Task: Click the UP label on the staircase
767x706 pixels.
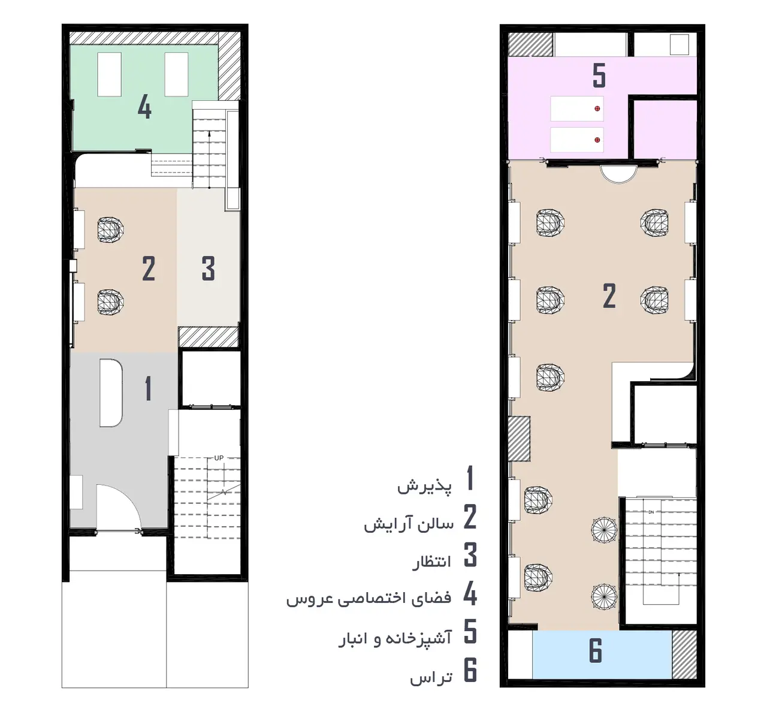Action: coord(219,458)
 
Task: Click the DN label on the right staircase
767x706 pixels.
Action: coord(651,512)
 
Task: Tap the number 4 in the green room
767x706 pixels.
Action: coord(144,107)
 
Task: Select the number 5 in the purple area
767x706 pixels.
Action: coord(599,76)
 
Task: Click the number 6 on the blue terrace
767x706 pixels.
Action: coord(596,650)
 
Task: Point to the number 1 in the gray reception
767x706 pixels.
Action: coord(149,388)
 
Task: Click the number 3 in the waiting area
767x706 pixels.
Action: coord(209,268)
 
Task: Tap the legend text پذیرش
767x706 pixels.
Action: coord(424,485)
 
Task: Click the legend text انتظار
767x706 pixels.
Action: coord(431,562)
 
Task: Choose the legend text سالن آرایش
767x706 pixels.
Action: coord(409,524)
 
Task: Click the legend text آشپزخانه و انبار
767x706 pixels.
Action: coord(395,638)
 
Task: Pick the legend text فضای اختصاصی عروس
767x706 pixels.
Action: coord(369,599)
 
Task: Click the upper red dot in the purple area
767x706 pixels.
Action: coord(597,108)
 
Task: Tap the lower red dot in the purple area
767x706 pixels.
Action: coord(597,140)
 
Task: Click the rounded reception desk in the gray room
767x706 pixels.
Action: coord(111,393)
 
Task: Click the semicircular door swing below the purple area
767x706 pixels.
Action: coord(618,180)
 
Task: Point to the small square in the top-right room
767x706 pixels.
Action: coord(680,44)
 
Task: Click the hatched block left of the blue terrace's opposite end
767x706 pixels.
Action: coord(684,654)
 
